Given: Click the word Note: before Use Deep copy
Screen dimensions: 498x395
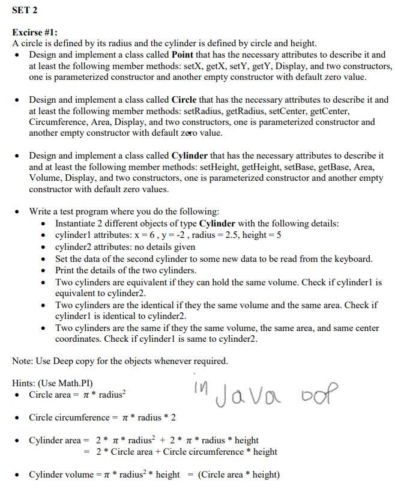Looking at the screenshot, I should pos(24,361).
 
